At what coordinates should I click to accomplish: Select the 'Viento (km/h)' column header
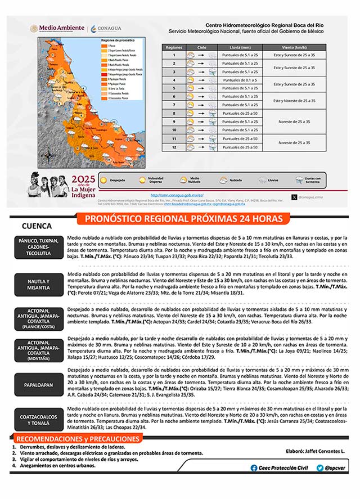pyautogui.click(x=298, y=48)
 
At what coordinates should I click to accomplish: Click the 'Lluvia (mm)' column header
pyautogui.click(x=240, y=48)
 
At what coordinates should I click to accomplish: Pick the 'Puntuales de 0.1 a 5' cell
pyautogui.click(x=240, y=80)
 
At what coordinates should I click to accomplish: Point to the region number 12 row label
pyautogui.click(x=174, y=147)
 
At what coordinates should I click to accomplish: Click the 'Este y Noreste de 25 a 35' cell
pyautogui.click(x=298, y=101)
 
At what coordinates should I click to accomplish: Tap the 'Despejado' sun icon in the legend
pyautogui.click(x=103, y=180)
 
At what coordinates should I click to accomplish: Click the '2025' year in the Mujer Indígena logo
pyautogui.click(x=83, y=179)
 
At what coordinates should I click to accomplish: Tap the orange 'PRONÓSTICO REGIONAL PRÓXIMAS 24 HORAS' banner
pyautogui.click(x=180, y=218)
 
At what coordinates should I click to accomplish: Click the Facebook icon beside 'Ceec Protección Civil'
pyautogui.click(x=254, y=467)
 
